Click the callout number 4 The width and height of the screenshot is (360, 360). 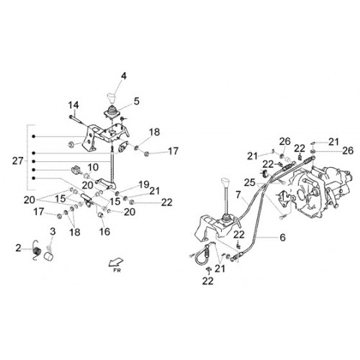[124, 76]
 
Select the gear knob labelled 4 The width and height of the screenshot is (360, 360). [112, 97]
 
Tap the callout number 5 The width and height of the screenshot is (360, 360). [136, 102]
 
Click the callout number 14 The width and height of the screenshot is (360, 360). [73, 105]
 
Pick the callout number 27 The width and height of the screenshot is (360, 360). [18, 161]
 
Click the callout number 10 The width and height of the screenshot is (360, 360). [93, 167]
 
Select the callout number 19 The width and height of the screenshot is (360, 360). [144, 184]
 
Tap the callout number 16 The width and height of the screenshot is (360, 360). [104, 232]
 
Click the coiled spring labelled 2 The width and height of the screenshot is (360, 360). [37, 251]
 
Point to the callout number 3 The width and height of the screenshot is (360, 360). [53, 232]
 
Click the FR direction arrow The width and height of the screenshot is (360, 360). [116, 262]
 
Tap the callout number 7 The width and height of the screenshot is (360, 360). [238, 194]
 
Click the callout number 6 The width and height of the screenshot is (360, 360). [283, 238]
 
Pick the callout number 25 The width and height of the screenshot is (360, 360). [250, 182]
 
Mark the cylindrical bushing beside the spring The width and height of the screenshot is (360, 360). [49, 256]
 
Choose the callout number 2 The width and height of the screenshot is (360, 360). [18, 248]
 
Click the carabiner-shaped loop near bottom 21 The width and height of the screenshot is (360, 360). [202, 254]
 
